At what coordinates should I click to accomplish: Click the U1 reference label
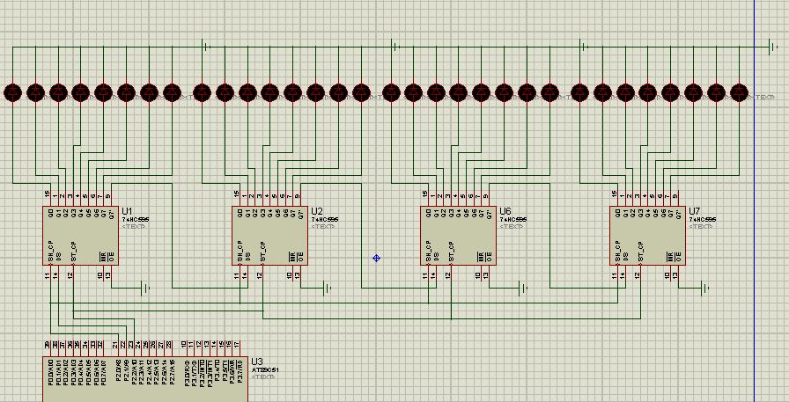click(128, 211)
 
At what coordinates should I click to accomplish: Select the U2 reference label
click(317, 211)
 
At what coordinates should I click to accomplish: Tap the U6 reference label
click(505, 211)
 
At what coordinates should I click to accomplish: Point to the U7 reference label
click(695, 211)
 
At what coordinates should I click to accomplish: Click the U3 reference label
click(256, 361)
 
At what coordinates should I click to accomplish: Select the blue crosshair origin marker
click(376, 258)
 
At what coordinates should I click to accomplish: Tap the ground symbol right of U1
click(146, 288)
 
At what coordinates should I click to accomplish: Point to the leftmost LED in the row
click(12, 91)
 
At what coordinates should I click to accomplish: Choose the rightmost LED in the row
click(739, 91)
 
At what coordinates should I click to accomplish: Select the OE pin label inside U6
click(488, 257)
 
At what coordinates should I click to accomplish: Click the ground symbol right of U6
click(524, 288)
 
